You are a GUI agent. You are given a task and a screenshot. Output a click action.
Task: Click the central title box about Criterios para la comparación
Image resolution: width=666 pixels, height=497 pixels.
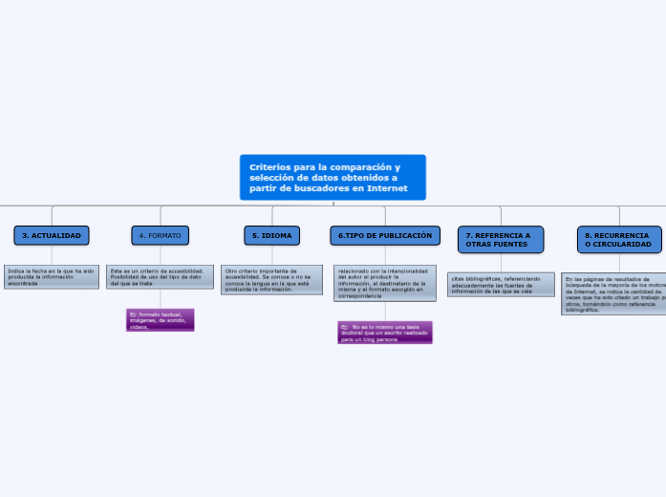333,178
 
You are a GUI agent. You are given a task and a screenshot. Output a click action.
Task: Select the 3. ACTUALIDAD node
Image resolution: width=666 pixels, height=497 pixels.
52,235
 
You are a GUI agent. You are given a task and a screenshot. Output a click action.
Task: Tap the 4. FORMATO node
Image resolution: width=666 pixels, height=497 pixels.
161,235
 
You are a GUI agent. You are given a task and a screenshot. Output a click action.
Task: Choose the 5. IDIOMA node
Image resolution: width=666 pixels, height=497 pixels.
272,235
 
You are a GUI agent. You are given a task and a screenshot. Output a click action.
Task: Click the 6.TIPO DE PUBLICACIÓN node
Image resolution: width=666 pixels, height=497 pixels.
385,235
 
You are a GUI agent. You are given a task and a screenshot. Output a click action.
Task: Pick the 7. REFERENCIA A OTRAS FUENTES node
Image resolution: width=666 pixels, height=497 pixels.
501,240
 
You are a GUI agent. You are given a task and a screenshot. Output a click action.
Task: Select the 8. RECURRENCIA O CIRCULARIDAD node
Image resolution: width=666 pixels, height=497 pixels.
619,240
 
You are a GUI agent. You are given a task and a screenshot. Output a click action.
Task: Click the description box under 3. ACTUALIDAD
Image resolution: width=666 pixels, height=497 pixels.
52,277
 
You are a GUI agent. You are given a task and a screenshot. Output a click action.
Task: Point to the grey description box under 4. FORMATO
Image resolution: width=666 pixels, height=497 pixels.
161,277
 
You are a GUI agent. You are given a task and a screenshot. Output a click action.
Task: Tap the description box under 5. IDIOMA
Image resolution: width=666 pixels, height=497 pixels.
271,280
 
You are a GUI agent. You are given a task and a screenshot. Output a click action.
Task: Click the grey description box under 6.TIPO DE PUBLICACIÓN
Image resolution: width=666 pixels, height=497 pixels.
385,283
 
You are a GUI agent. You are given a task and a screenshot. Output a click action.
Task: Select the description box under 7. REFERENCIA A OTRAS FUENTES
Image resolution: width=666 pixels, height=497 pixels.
501,284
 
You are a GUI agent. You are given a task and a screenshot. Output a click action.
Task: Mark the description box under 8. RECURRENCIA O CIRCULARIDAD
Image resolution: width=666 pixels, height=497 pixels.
613,294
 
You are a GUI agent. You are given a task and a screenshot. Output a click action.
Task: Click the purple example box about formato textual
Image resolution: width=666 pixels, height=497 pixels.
161,320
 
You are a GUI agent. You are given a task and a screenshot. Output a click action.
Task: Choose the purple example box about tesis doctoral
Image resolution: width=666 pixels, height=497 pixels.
385,333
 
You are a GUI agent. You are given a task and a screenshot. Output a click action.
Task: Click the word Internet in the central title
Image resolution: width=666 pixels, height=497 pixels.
388,188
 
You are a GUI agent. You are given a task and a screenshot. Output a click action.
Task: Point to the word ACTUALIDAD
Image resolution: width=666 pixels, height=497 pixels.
57,235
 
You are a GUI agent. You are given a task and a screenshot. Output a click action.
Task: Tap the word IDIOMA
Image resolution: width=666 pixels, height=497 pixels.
277,235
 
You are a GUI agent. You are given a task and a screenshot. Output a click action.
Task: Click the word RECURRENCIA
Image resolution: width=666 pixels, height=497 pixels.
621,235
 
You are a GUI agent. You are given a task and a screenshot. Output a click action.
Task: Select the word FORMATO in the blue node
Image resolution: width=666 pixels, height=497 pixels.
164,235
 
